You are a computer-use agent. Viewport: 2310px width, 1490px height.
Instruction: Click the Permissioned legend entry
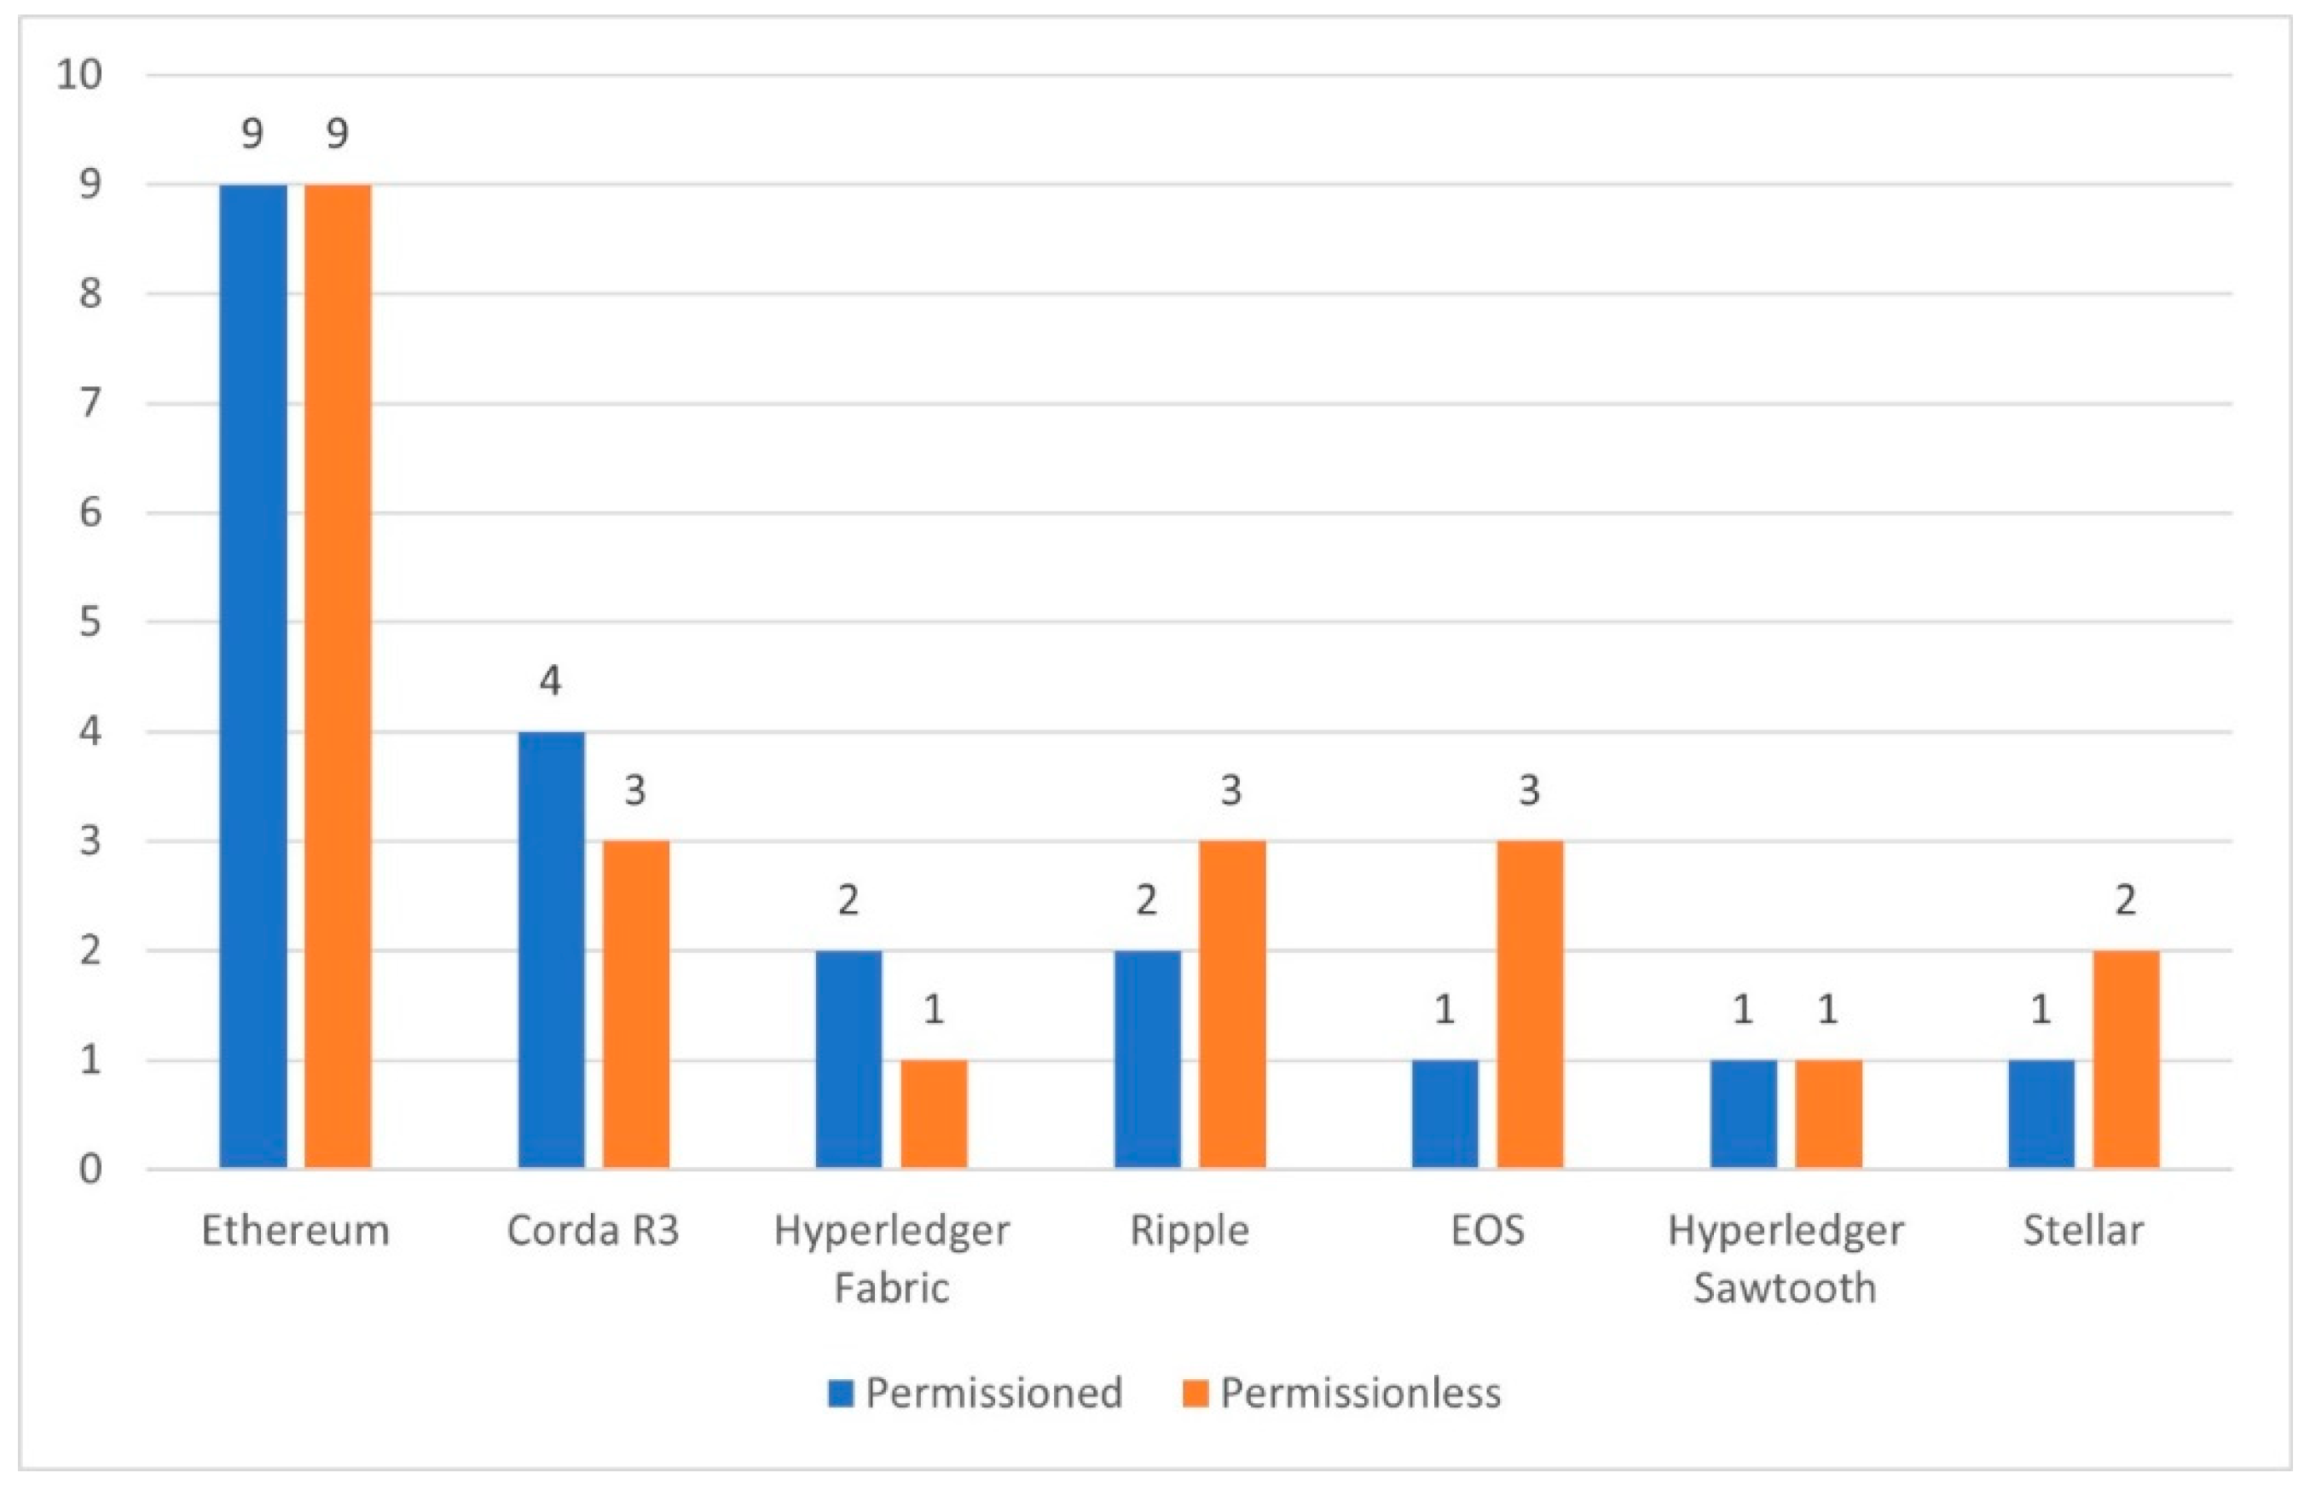976,1393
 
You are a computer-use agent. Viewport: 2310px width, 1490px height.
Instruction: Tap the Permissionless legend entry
1343,1393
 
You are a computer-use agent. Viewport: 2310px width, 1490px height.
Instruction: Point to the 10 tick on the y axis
79,74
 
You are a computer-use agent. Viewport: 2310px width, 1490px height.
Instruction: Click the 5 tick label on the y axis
90,622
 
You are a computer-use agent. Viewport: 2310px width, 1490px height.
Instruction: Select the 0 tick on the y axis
90,1169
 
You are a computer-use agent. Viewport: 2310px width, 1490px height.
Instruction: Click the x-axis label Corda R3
593,1232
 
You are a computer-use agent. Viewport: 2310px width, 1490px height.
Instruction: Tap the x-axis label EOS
1487,1232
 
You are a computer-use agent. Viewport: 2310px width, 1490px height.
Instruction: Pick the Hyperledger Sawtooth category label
1786,1259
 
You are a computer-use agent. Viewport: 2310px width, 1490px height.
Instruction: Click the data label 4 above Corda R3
550,682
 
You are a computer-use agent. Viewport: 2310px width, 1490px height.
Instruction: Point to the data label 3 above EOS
1529,791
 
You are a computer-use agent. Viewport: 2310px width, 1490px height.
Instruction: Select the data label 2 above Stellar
2125,901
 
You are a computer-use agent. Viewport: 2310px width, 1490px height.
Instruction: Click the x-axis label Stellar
2083,1232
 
